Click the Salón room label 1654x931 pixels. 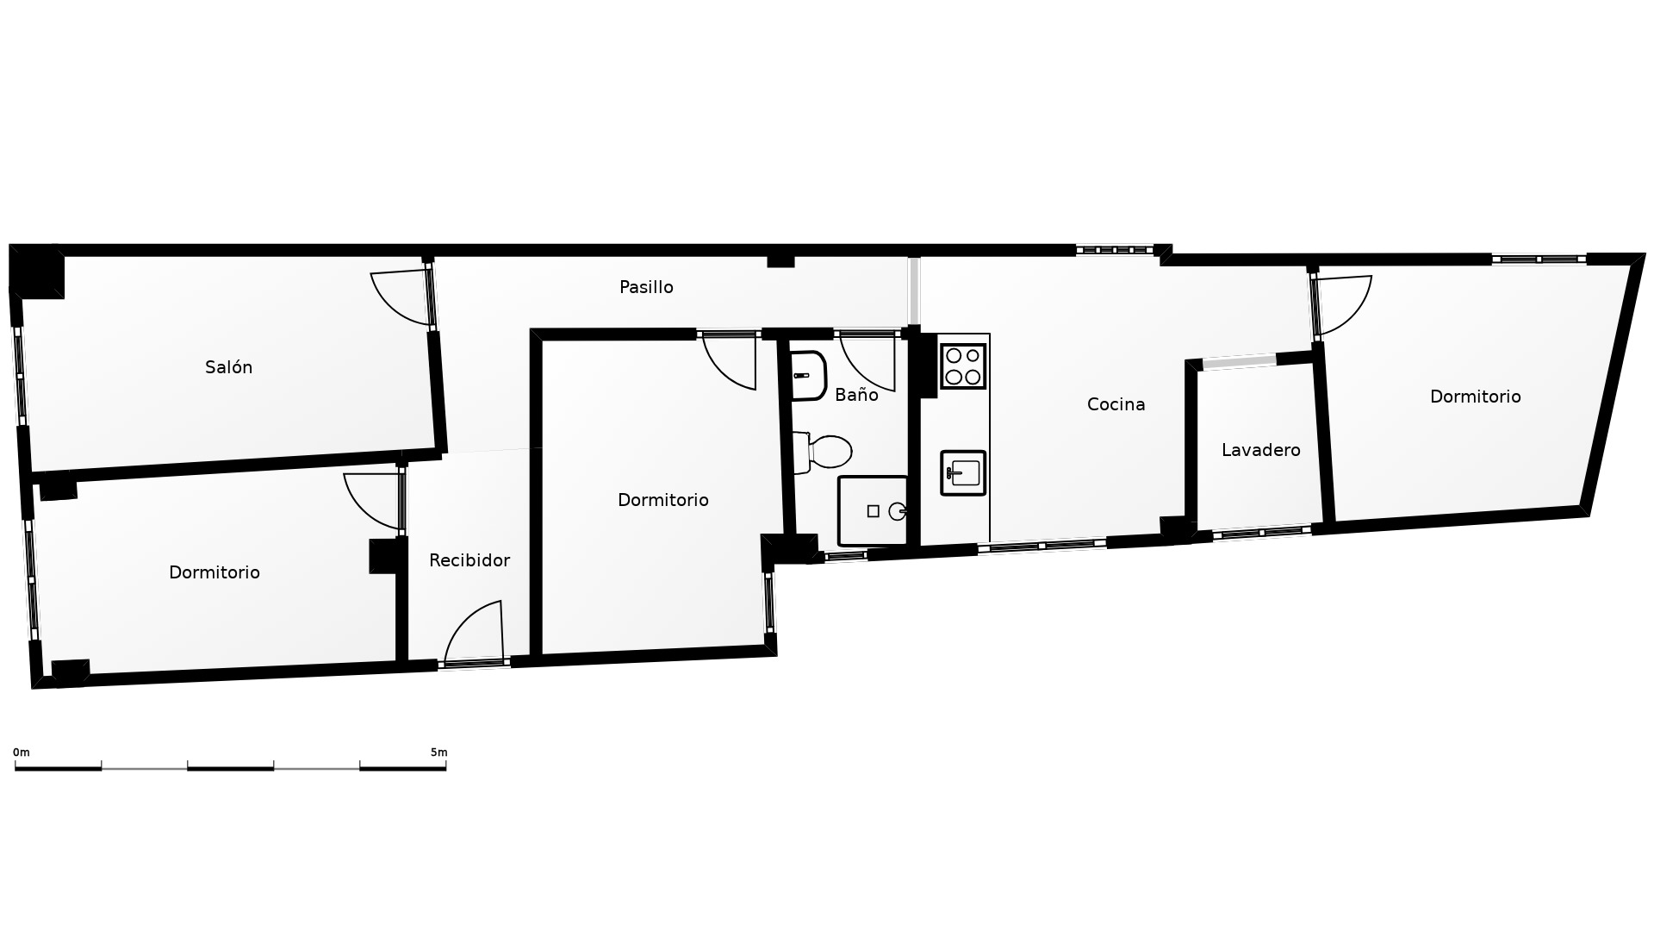(x=228, y=367)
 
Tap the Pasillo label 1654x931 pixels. (x=646, y=287)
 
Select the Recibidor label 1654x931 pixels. (x=469, y=560)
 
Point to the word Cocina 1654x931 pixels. (x=1116, y=404)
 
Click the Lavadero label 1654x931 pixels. (x=1261, y=450)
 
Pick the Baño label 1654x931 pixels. (x=856, y=395)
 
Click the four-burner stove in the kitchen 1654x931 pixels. (x=963, y=366)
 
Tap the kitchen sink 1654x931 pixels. (x=963, y=473)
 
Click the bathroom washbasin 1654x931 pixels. (x=809, y=375)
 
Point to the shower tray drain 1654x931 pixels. (x=898, y=511)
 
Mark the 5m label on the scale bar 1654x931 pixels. (x=439, y=753)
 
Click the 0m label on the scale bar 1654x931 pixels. (x=22, y=753)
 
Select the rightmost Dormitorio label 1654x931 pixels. (x=1475, y=397)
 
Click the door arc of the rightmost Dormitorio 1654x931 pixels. (x=1344, y=305)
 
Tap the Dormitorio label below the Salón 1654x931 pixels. (x=215, y=572)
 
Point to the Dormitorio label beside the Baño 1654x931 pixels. (x=663, y=500)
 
